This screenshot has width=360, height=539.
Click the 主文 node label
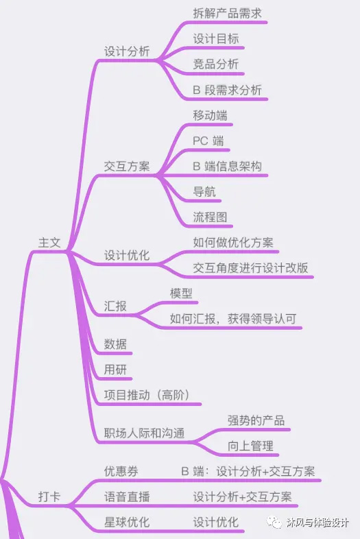coord(49,243)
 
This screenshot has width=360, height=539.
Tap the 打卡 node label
coord(49,496)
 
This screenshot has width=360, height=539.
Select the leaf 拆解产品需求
coord(227,14)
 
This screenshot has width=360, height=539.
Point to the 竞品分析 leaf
coord(215,64)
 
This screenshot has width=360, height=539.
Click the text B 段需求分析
coord(227,90)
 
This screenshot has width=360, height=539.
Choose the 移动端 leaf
coord(210,115)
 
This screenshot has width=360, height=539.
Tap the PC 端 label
coord(208,141)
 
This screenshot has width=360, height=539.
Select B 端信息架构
coord(227,167)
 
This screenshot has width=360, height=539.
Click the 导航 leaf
coord(204,192)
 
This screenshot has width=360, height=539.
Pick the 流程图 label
coord(210,217)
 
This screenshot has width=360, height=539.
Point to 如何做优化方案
coord(233,243)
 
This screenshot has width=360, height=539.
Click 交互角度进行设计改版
coord(250,268)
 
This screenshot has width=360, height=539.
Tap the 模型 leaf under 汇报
coord(181,294)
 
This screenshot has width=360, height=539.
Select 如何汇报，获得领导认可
coord(233,319)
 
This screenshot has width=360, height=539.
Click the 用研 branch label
coord(115,370)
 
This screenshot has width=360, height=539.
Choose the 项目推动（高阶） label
coord(147,395)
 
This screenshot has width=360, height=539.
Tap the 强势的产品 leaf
coord(256,421)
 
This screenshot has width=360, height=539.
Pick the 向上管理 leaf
coord(250,446)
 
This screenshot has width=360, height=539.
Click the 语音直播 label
coord(127,497)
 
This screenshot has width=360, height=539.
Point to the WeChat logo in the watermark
coord(274,523)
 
